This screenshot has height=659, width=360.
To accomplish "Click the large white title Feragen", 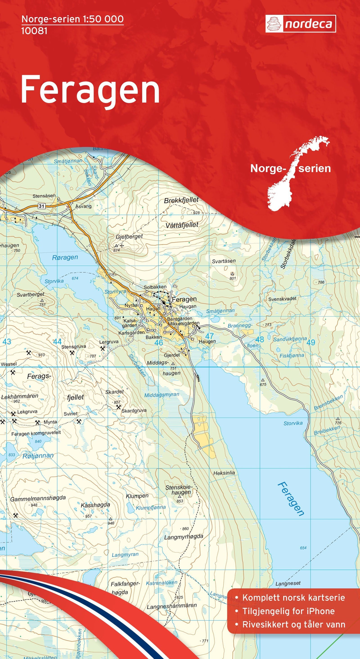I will (90, 90).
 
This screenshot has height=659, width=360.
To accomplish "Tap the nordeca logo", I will (300, 24).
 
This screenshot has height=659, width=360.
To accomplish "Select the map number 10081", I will (34, 31).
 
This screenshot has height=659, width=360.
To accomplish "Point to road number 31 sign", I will (41, 206).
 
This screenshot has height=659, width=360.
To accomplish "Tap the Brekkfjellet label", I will (181, 200).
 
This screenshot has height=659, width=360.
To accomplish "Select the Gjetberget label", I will (129, 236).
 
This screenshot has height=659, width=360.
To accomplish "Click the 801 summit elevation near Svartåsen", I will (233, 278).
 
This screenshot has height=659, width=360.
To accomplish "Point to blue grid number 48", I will (259, 339).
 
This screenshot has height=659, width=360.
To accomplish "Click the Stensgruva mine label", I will (74, 347).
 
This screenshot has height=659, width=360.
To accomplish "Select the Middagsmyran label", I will (162, 395).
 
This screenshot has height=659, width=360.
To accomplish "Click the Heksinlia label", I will (224, 473).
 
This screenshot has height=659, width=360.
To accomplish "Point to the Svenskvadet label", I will (282, 298).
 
